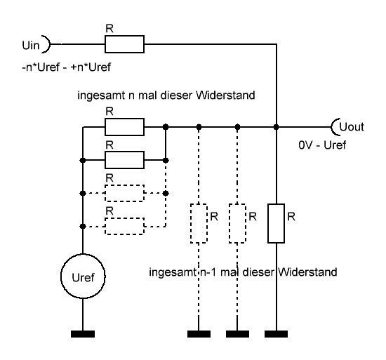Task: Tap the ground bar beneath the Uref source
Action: (x=82, y=333)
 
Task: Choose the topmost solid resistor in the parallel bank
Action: (x=124, y=127)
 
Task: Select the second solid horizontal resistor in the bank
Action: (x=124, y=159)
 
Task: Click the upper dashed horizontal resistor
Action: (x=124, y=192)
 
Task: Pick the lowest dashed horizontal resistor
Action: (x=124, y=225)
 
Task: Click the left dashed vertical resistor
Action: (x=199, y=223)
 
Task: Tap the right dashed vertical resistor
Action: (x=239, y=223)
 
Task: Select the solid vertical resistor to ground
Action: (x=278, y=223)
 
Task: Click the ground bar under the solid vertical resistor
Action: (x=278, y=333)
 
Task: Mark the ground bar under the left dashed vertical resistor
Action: (x=199, y=333)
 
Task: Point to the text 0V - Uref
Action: (x=322, y=148)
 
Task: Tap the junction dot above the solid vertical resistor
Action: (x=278, y=127)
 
